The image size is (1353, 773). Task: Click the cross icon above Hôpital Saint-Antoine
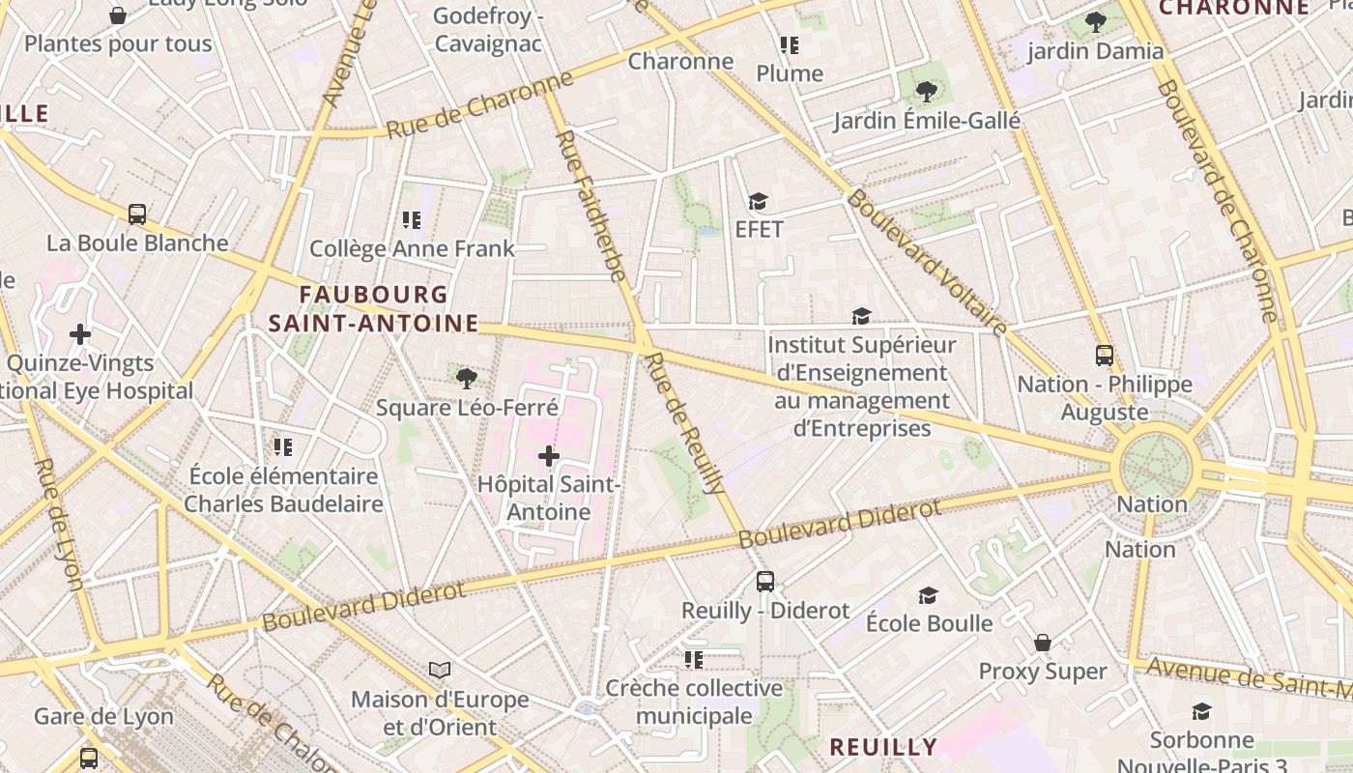549,455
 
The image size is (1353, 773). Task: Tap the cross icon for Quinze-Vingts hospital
80,334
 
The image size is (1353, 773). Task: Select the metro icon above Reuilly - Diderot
765,581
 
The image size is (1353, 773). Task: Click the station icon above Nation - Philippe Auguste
1105,355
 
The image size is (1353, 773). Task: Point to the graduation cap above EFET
758,201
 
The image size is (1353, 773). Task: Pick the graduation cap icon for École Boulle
928,594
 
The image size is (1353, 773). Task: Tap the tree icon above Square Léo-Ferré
467,378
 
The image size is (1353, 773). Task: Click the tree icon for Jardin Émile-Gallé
927,92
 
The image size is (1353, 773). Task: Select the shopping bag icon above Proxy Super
1043,643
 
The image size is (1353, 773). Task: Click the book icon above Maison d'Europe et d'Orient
440,670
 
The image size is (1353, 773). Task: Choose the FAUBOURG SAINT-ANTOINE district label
374,308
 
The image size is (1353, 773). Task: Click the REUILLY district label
883,747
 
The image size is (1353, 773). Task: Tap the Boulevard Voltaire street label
927,262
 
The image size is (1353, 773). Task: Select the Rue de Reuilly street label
685,423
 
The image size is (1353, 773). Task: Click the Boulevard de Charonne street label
1217,200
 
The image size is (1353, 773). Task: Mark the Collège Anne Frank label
412,248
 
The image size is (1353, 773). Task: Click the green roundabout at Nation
1154,468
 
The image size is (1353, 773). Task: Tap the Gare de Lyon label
103,717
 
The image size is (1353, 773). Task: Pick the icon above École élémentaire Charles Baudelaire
283,446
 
